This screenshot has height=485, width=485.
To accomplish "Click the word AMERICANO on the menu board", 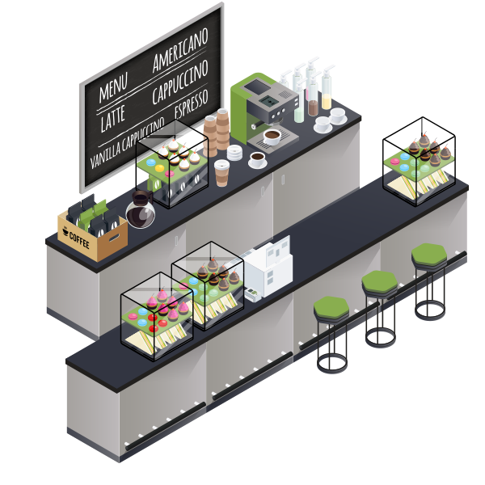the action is coord(180,50).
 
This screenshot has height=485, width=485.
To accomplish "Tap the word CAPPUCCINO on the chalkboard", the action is coord(180,82).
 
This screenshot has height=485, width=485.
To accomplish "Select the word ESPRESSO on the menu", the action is coord(191,103).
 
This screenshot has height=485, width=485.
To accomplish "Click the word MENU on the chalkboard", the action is coord(113,88).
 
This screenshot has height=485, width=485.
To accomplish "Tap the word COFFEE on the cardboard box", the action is coord(79,240).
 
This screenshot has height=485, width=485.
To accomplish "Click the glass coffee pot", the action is coord(141,209).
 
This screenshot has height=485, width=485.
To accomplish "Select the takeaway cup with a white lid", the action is coord(221,173).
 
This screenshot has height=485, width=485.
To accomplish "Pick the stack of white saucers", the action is coord(234,153).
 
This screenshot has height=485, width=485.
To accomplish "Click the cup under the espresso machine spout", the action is coord(272,137).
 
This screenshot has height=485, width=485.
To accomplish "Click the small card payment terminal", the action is coord(253,294).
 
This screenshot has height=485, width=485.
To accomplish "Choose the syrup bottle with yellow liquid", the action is coord(327,88).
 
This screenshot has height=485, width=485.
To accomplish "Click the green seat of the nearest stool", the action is coord(331,307).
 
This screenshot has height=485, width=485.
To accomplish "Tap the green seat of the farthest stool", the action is coord(429,254).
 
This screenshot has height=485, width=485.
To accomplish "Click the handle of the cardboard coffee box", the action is coord(115,238).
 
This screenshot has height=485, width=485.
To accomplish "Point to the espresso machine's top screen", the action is coord(257,86).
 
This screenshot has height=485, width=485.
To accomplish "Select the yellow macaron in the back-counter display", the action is coord(159,168).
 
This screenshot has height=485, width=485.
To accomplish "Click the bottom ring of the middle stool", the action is coord(381,338).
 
